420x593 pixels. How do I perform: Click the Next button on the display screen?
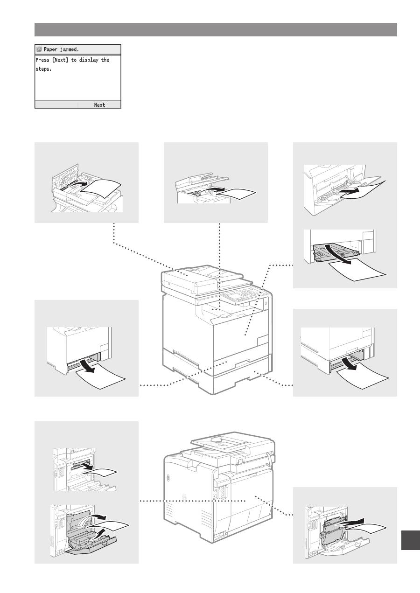pyautogui.click(x=99, y=105)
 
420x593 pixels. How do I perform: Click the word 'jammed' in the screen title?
pyautogui.click(x=70, y=49)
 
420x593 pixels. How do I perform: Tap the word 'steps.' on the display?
pyautogui.click(x=43, y=69)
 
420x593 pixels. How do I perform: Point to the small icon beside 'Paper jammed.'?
pyautogui.click(x=39, y=49)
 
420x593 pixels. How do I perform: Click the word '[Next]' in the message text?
pyautogui.click(x=60, y=60)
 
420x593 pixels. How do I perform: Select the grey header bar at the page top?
pyautogui.click(x=216, y=29)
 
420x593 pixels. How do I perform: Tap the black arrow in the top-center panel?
pyautogui.click(x=215, y=189)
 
